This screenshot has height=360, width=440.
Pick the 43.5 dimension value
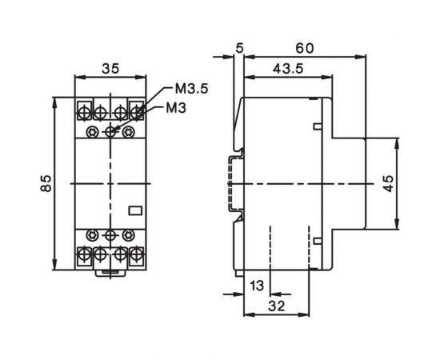click(x=282, y=70)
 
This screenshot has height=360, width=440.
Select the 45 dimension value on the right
click(x=411, y=185)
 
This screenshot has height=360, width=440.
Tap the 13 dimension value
click(x=255, y=286)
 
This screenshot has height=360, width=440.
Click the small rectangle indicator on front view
click(x=135, y=210)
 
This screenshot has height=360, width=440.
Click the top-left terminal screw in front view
click(x=84, y=108)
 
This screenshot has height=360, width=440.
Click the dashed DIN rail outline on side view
click(x=234, y=184)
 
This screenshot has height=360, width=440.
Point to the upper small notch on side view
click(x=318, y=126)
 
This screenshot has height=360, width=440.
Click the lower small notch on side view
click(x=318, y=239)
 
